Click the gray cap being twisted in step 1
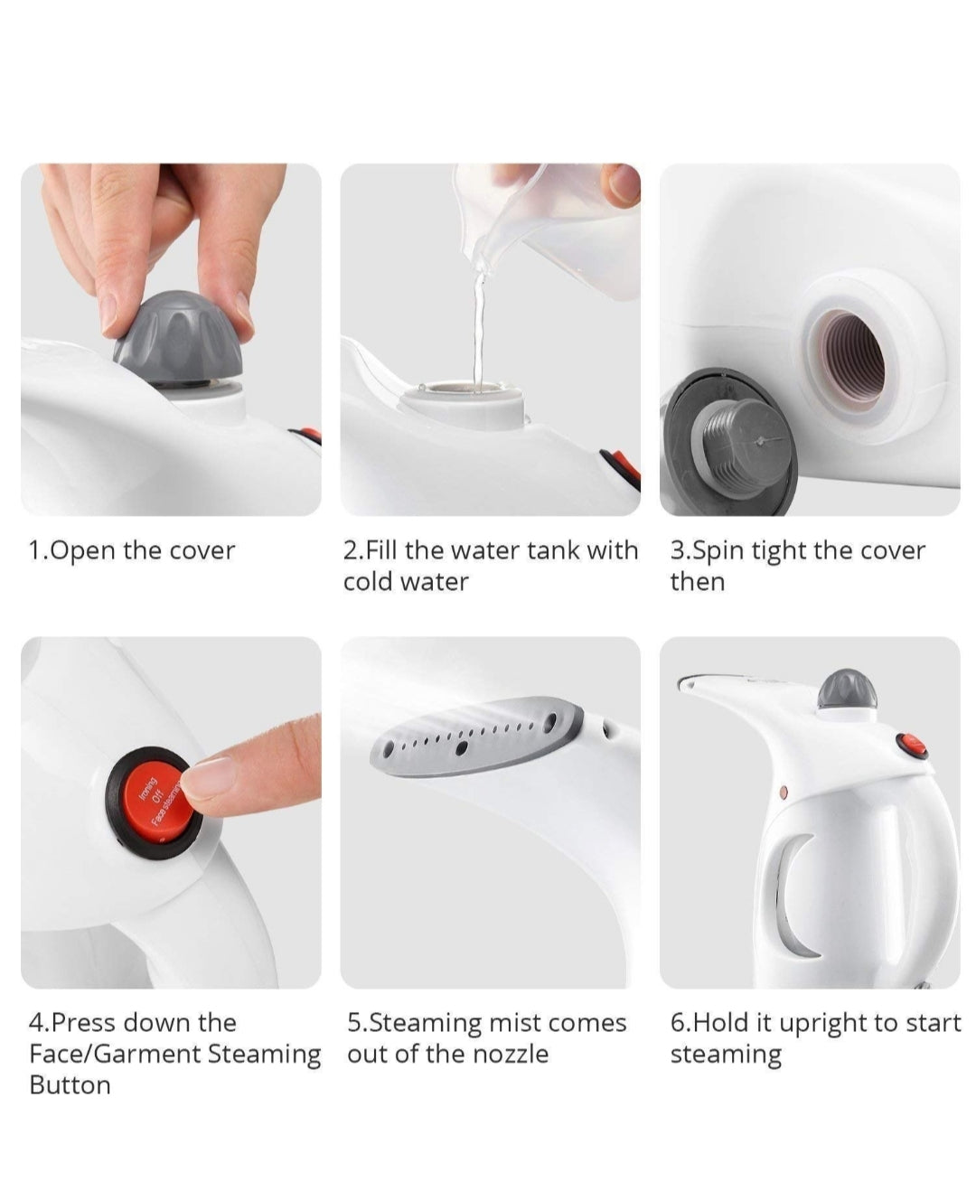pyautogui.click(x=178, y=337)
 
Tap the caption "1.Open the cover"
pyautogui.click(x=131, y=551)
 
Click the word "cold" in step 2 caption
pyautogui.click(x=368, y=581)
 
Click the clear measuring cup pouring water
pyautogui.click(x=542, y=226)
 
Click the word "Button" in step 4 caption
pyautogui.click(x=70, y=1085)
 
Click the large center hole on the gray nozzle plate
pyautogui.click(x=462, y=748)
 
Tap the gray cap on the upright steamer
pyautogui.click(x=846, y=690)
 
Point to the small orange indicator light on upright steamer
pyautogui.click(x=784, y=791)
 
